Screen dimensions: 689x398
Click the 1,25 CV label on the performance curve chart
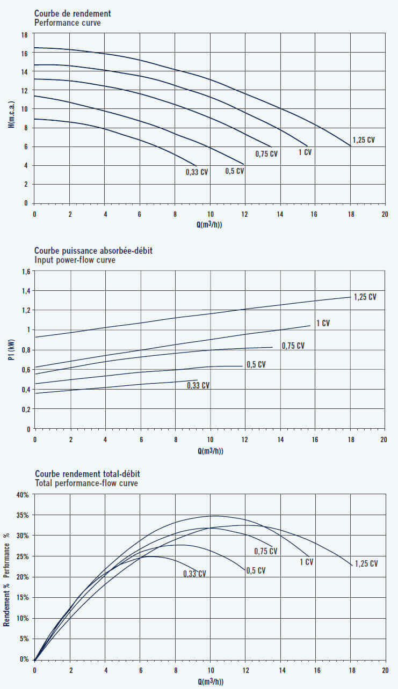(x=364, y=140)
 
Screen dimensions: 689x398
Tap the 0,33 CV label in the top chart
(x=197, y=172)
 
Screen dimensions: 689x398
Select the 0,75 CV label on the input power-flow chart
(x=293, y=346)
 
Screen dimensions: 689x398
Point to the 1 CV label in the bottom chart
(x=306, y=562)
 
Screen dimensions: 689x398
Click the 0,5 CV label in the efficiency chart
(x=255, y=570)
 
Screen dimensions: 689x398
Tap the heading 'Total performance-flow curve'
(x=86, y=483)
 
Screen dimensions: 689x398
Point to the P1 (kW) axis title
(x=11, y=349)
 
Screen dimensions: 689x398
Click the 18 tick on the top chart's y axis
(x=24, y=34)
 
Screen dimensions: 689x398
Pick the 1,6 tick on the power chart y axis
(x=25, y=272)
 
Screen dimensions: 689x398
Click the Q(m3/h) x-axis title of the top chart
(x=209, y=225)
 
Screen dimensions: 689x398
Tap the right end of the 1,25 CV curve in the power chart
(x=351, y=297)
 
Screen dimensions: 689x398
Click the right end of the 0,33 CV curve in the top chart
(x=197, y=165)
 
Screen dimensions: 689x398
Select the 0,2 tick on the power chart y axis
(x=25, y=409)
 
